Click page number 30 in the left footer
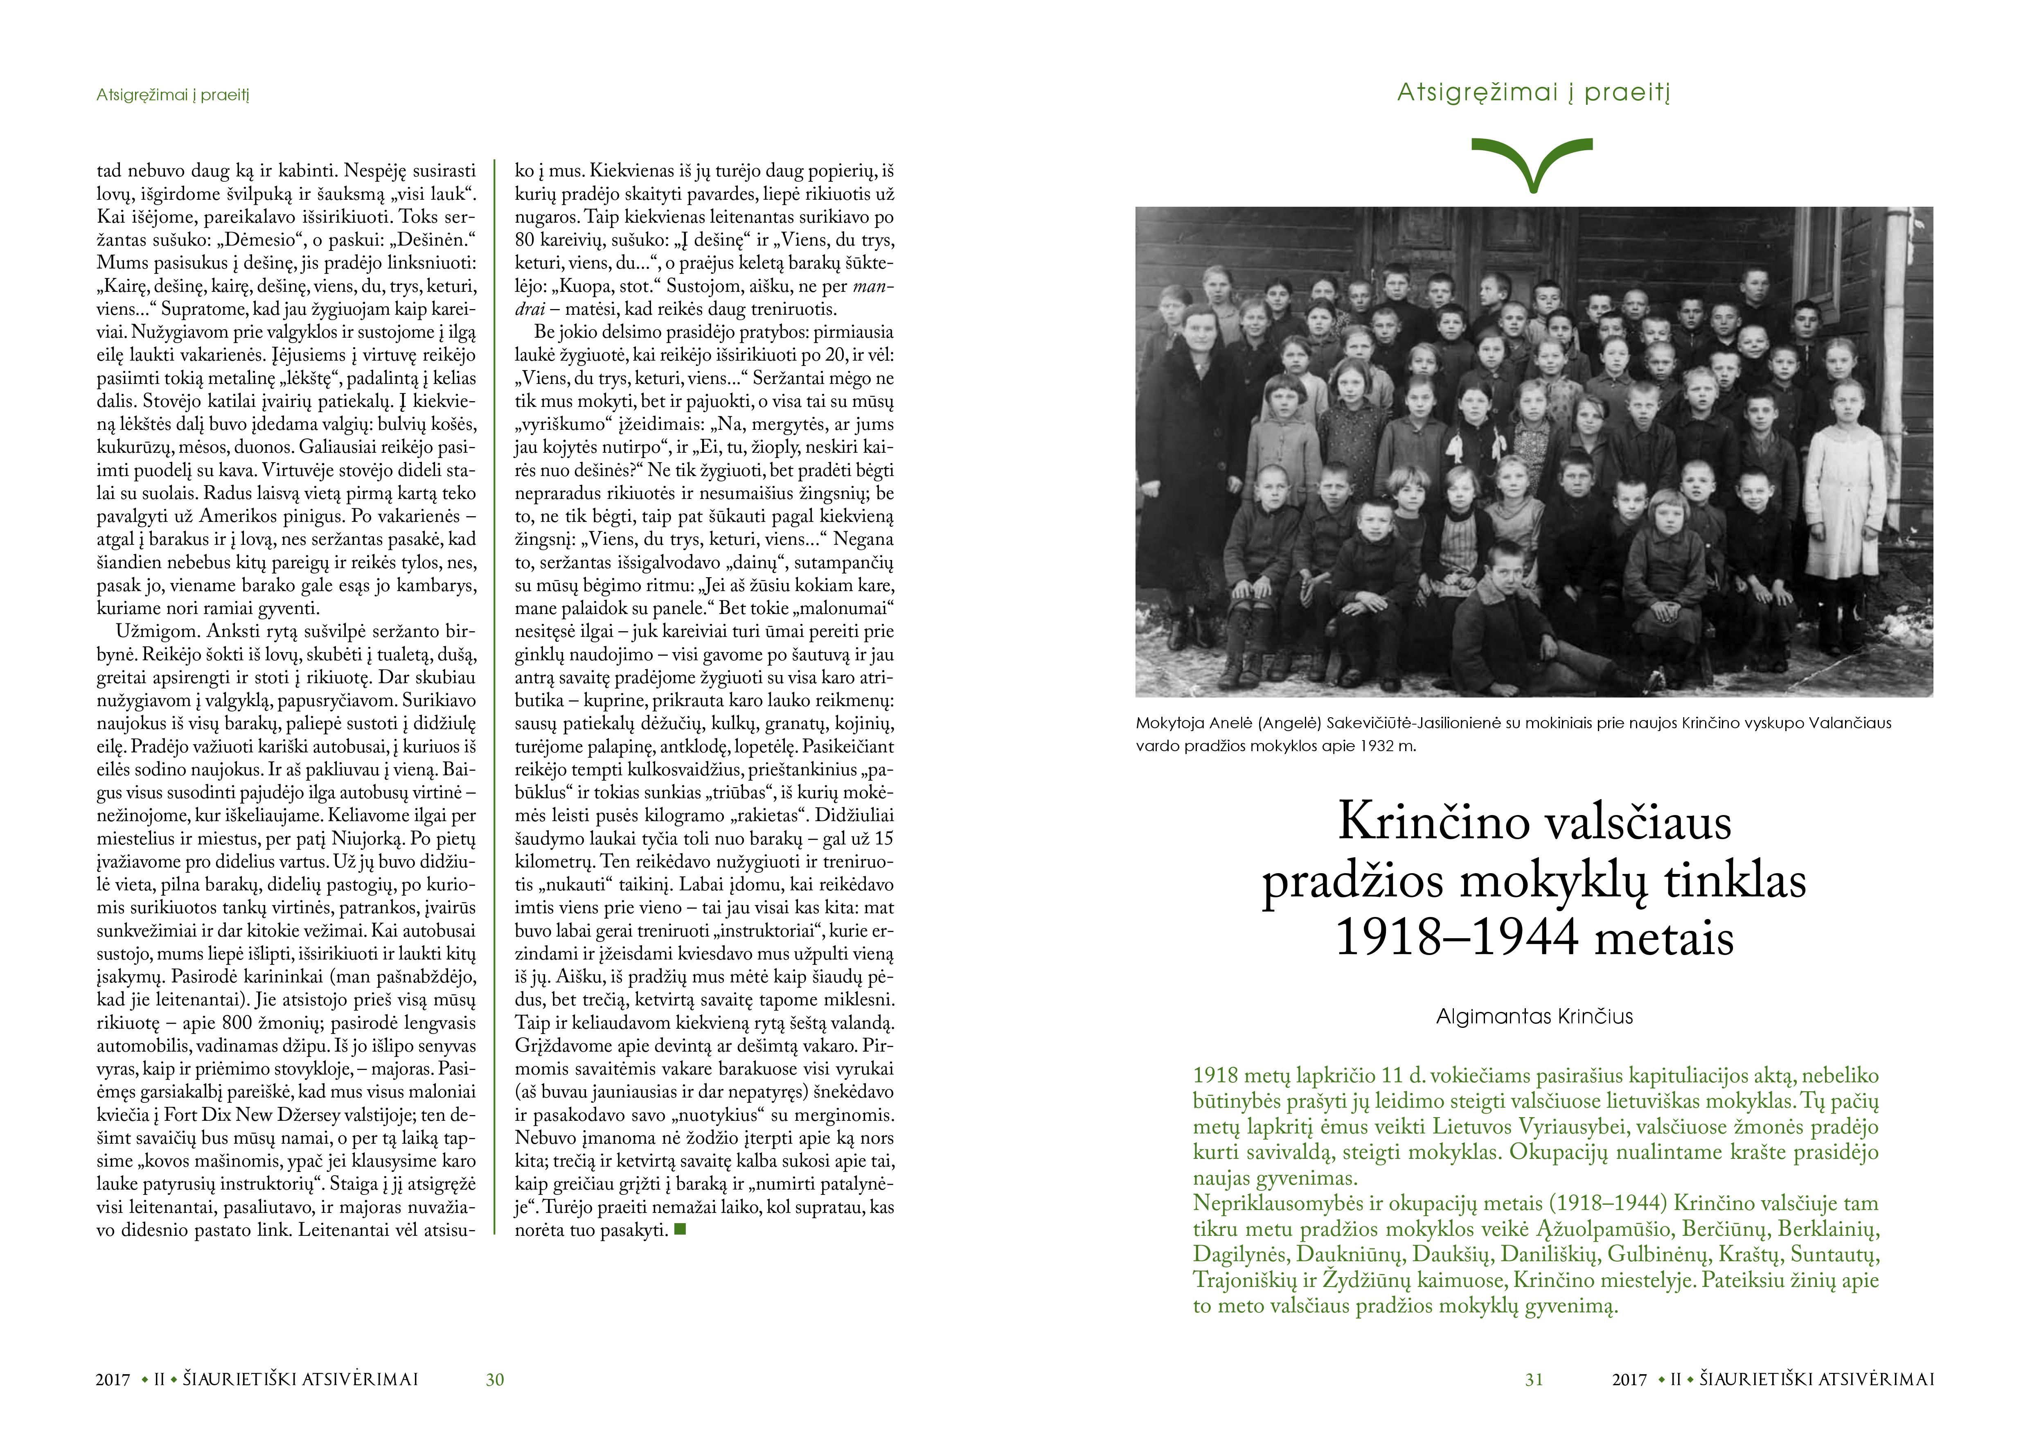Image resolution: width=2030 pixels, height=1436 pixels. coord(495,1380)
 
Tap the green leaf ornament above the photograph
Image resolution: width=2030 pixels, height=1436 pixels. coord(1532,164)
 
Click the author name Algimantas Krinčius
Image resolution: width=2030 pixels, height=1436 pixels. coord(1534,1017)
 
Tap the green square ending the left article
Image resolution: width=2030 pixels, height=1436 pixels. coord(680,1228)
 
